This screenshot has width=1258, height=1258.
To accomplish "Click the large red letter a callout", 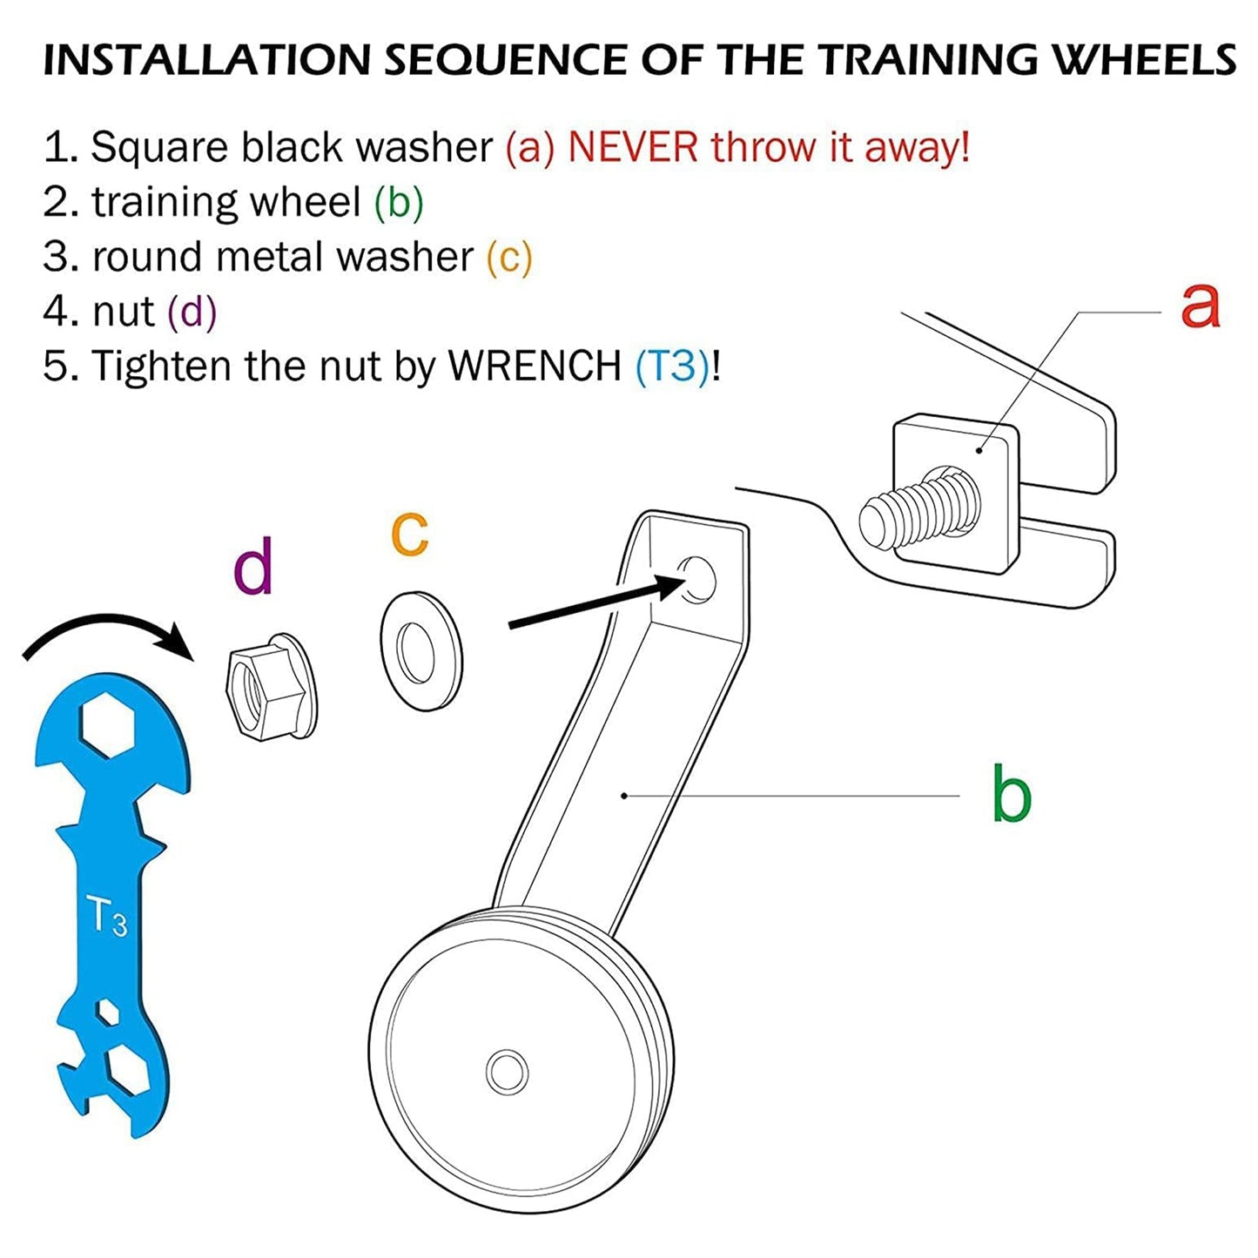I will click(1200, 306).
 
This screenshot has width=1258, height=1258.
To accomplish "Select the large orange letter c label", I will click(409, 533).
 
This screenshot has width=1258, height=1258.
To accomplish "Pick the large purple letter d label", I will click(253, 566).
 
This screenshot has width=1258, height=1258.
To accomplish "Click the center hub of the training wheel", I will click(507, 1072).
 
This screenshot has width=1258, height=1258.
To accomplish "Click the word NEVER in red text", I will click(632, 147).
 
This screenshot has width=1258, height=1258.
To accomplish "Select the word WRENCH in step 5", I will click(535, 366).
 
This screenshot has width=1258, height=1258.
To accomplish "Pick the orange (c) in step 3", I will click(509, 257).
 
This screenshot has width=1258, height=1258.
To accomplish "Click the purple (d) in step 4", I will click(192, 312).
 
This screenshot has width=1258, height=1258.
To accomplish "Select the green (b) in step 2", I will click(399, 202).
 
